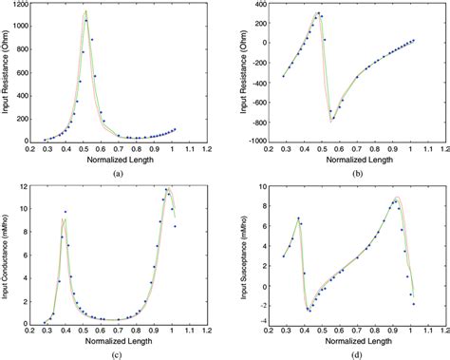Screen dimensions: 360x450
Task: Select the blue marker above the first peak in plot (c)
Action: point(66,212)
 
